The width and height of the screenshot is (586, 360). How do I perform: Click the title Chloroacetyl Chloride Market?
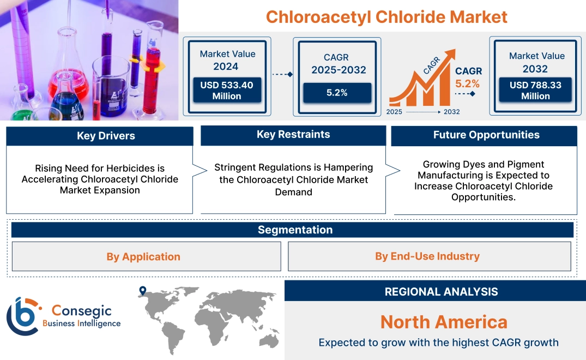[386, 16]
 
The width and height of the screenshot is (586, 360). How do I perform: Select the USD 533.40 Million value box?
[226, 90]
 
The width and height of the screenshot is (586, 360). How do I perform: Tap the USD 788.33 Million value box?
[535, 90]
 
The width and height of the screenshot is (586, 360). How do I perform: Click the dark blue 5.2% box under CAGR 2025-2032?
[337, 93]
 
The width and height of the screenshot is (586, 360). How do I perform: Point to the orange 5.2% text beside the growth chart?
[468, 83]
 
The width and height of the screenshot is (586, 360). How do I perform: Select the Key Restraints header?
[293, 135]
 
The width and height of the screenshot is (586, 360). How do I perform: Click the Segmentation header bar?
[295, 230]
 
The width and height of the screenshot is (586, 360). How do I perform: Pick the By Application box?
[143, 256]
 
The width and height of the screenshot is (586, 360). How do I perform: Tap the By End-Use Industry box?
[427, 256]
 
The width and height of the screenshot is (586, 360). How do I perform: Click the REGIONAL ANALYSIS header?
[441, 292]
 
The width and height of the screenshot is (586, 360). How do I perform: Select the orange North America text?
[444, 322]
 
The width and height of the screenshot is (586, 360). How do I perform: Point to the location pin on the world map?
[143, 291]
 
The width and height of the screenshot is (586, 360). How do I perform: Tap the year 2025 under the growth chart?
[395, 112]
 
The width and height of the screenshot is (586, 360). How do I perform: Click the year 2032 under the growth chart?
[451, 112]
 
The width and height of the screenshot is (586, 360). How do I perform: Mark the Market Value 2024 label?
[226, 60]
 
